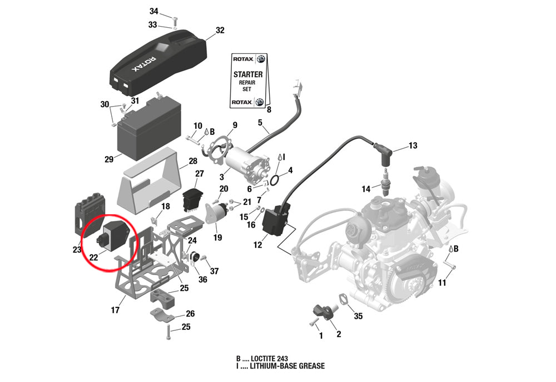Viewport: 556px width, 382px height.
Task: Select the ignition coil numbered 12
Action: (x=276, y=222)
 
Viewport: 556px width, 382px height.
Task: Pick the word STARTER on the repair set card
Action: (x=248, y=74)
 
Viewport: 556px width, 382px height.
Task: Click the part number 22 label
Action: (x=93, y=257)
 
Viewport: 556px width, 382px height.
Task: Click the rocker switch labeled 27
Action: (x=193, y=200)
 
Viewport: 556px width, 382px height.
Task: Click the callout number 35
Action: (x=358, y=316)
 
